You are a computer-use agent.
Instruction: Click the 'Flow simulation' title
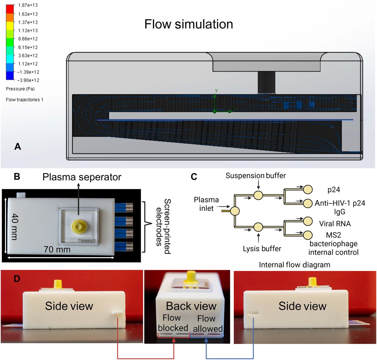click(x=188, y=24)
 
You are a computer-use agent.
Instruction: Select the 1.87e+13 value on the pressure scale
click(x=28, y=5)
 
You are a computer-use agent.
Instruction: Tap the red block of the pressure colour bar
click(x=10, y=9)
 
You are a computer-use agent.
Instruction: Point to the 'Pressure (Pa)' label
click(x=20, y=89)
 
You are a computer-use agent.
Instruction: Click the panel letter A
click(x=18, y=147)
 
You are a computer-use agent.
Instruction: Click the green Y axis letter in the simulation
click(x=216, y=91)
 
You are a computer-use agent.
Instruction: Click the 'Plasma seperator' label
click(x=82, y=177)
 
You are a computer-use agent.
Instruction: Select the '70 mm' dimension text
click(x=57, y=250)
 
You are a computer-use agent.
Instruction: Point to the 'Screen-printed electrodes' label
click(x=163, y=226)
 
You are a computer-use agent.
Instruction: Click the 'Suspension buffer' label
click(x=255, y=176)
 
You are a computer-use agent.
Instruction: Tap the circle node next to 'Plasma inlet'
click(x=235, y=211)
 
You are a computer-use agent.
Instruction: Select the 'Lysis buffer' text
click(x=262, y=249)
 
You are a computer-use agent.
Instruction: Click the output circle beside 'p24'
click(x=308, y=189)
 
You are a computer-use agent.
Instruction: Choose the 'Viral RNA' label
click(x=335, y=224)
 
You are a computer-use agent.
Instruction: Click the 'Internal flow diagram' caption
click(x=294, y=265)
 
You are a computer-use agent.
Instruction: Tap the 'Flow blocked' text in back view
click(x=172, y=323)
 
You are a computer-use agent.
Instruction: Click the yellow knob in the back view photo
click(x=191, y=276)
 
